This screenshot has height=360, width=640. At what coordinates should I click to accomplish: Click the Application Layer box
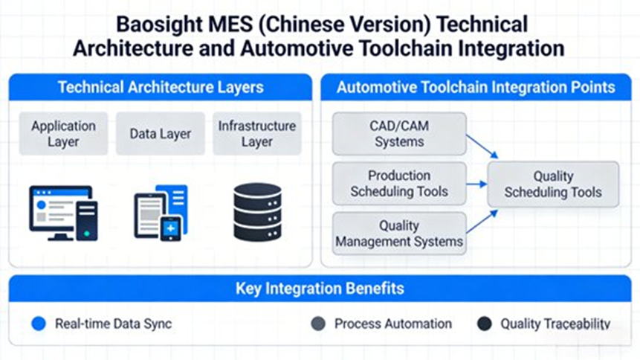63,134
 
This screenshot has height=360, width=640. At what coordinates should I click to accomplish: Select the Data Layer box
160,134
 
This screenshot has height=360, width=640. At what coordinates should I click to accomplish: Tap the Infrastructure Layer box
256,134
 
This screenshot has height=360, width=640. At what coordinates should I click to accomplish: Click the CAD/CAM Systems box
399,134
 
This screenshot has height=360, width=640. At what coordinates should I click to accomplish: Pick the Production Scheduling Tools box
399,183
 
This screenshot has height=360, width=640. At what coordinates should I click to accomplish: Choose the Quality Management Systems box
399,234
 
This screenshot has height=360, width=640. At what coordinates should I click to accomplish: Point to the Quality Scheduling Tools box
553,184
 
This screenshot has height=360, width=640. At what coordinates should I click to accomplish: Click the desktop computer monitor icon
63,213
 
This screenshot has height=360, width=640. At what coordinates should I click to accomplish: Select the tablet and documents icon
161,213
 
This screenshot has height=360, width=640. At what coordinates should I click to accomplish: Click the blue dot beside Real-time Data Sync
40,324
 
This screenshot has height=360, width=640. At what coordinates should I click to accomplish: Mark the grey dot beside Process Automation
317,324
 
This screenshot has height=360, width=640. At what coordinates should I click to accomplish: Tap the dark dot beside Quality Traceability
484,324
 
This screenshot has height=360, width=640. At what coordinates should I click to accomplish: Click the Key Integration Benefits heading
320,288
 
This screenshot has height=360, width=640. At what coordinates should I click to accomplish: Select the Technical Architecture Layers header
161,87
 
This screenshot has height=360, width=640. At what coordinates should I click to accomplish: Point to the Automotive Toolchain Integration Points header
476,87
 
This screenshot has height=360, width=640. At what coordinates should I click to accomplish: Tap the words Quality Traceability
555,324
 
